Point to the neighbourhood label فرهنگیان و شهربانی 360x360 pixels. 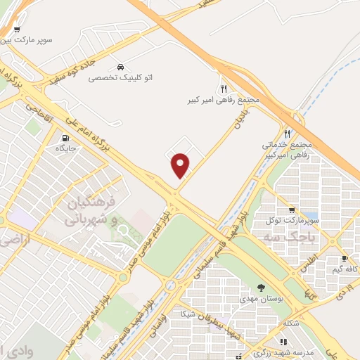91,212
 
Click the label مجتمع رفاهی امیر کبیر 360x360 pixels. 224,101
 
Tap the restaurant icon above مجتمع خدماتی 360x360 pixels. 287,134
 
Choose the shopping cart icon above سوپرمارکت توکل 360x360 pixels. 292,210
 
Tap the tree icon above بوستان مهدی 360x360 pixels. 261,287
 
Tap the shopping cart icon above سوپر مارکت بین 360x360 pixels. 17,30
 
